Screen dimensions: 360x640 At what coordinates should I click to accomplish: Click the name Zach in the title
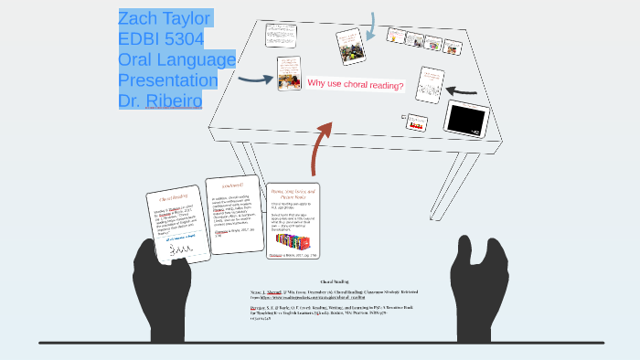coord(139,18)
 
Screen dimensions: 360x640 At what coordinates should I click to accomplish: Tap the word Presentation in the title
coord(168,80)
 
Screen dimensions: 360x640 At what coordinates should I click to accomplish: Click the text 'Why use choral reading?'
coord(356,84)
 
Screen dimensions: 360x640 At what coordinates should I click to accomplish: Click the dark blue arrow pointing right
coord(255,79)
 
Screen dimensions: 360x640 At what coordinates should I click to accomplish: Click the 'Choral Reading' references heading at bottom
coord(335,281)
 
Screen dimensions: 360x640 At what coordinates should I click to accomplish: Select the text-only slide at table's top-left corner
coord(277,36)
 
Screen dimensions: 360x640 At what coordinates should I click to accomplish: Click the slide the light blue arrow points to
coord(349,46)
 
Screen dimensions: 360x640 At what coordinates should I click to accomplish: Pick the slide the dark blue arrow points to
coord(290,73)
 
